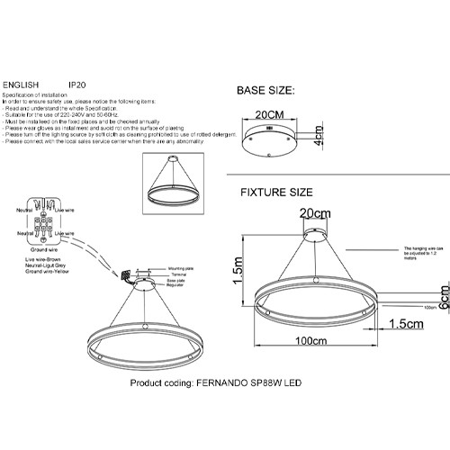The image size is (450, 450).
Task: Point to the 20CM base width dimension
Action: point(271,116)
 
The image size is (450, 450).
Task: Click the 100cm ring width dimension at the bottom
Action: point(312,367)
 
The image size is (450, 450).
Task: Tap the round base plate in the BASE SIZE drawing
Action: point(269,137)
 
